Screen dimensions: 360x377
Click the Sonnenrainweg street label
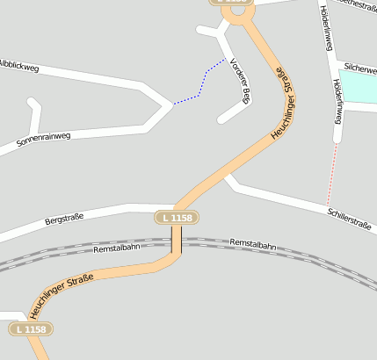pyautogui.click(x=43, y=140)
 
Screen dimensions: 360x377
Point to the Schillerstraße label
pyautogui.click(x=349, y=218)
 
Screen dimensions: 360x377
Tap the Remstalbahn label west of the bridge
pyautogui.click(x=117, y=248)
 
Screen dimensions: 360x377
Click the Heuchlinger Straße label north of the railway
pyautogui.click(x=284, y=103)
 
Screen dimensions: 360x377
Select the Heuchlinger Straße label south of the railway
pyautogui.click(x=61, y=297)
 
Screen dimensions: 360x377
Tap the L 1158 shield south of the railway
pyautogui.click(x=31, y=329)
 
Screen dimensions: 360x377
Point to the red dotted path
pyautogui.click(x=331, y=176)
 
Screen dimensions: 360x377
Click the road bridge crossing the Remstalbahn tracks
pyautogui.click(x=177, y=240)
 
